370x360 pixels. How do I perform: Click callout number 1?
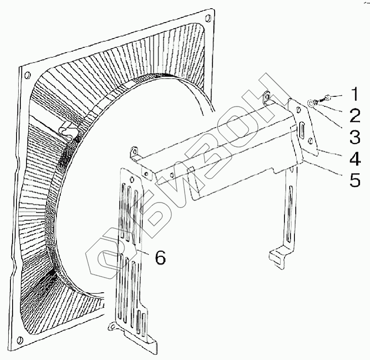click(x=355, y=94)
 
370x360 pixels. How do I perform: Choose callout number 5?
click(x=355, y=179)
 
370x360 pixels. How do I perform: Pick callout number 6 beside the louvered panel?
click(x=160, y=258)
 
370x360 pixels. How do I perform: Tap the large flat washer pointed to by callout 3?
click(x=311, y=103)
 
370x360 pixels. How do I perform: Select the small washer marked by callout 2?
click(x=319, y=101)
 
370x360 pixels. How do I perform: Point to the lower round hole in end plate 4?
click(x=311, y=141)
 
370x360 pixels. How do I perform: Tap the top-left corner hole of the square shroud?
click(x=27, y=74)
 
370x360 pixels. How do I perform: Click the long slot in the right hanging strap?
click(x=289, y=213)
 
